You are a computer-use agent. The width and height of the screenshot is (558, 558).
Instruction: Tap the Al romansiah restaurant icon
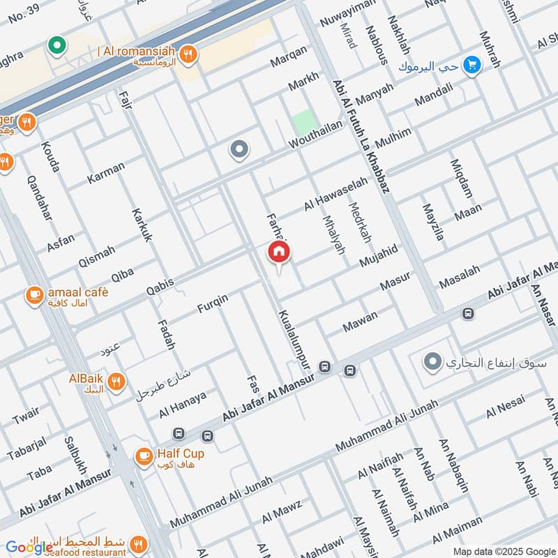point(187,52)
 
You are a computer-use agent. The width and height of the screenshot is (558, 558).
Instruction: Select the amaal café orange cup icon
point(33,295)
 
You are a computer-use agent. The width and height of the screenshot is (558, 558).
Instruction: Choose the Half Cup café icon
point(144,456)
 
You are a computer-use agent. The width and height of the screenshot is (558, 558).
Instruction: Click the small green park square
point(304,123)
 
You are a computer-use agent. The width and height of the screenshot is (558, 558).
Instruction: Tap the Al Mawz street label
point(282,513)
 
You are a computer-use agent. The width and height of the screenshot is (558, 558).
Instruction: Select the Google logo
point(29,548)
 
